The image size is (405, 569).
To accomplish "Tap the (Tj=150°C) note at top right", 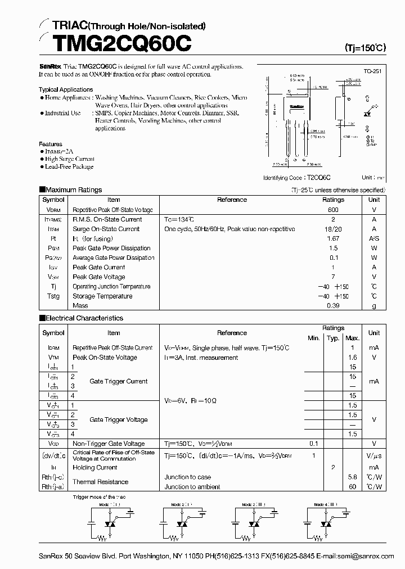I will pyautogui.click(x=365, y=48).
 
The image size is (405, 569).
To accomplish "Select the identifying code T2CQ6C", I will pyautogui.click(x=319, y=177).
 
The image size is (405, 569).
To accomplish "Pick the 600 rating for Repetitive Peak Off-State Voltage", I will pyautogui.click(x=333, y=210).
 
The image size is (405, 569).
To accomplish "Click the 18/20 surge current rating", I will pyautogui.click(x=333, y=229).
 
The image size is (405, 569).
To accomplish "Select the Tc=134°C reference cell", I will pyautogui.click(x=179, y=219).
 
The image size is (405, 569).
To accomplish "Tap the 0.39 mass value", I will pyautogui.click(x=333, y=306).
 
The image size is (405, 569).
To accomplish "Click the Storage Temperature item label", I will pyautogui.click(x=102, y=296).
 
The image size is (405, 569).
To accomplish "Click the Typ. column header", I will pyautogui.click(x=333, y=338).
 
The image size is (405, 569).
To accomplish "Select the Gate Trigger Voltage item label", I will pyautogui.click(x=119, y=420).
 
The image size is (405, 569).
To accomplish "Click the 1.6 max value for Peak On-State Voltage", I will pyautogui.click(x=353, y=358).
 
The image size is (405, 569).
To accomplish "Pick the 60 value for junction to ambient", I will pyautogui.click(x=353, y=487).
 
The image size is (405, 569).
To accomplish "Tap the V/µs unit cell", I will pyautogui.click(x=374, y=455).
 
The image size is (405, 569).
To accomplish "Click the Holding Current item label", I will pyautogui.click(x=95, y=468).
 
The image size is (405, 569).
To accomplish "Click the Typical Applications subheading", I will pyautogui.click(x=66, y=89).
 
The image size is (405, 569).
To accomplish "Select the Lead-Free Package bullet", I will pyautogui.click(x=69, y=167).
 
